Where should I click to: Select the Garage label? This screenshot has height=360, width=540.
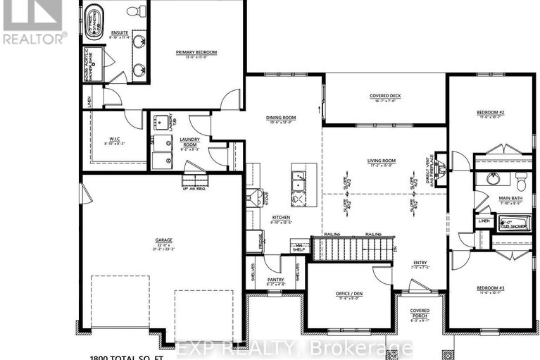coord(164,240)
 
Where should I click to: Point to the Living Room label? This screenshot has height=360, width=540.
coord(382,161)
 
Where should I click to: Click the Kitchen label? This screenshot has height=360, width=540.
coord(281,218)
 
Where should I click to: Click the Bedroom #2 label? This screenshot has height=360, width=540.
coord(490,112)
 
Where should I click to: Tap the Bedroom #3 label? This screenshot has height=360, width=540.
coord(490,289)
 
